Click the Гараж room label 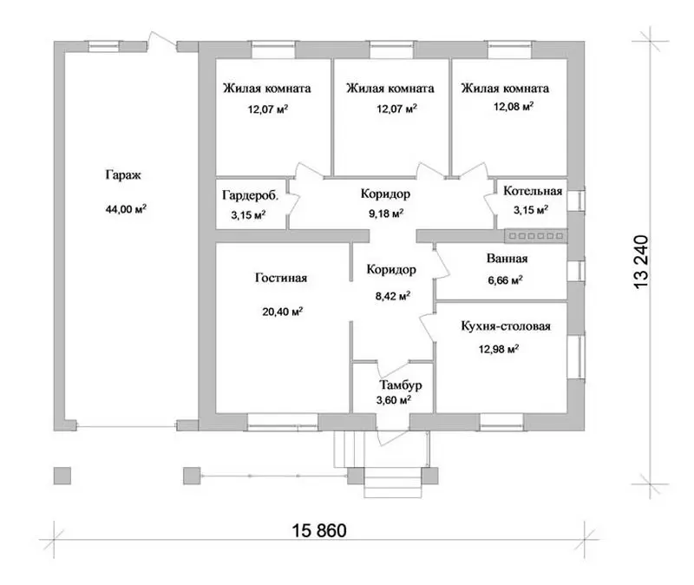(x=123, y=175)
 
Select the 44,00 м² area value (x=126, y=208)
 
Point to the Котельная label (x=533, y=191)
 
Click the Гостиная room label (x=281, y=278)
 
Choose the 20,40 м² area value (x=283, y=312)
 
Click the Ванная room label (x=507, y=258)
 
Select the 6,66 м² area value (x=505, y=279)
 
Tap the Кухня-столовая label (x=506, y=326)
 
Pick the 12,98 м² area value (x=498, y=349)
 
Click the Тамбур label (x=401, y=385)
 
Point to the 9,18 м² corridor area (x=386, y=214)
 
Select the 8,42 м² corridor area (x=393, y=295)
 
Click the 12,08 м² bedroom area (x=514, y=106)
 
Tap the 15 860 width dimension (x=319, y=530)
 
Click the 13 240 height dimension (x=641, y=263)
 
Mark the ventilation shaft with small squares (x=536, y=236)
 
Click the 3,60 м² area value (x=394, y=400)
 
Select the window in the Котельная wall (x=576, y=200)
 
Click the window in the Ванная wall (x=576, y=271)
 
